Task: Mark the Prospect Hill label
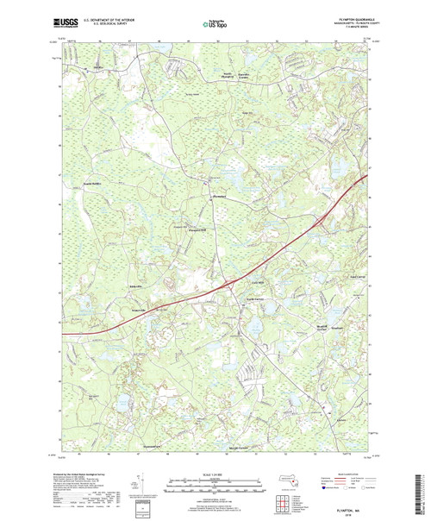click(x=199, y=229)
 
